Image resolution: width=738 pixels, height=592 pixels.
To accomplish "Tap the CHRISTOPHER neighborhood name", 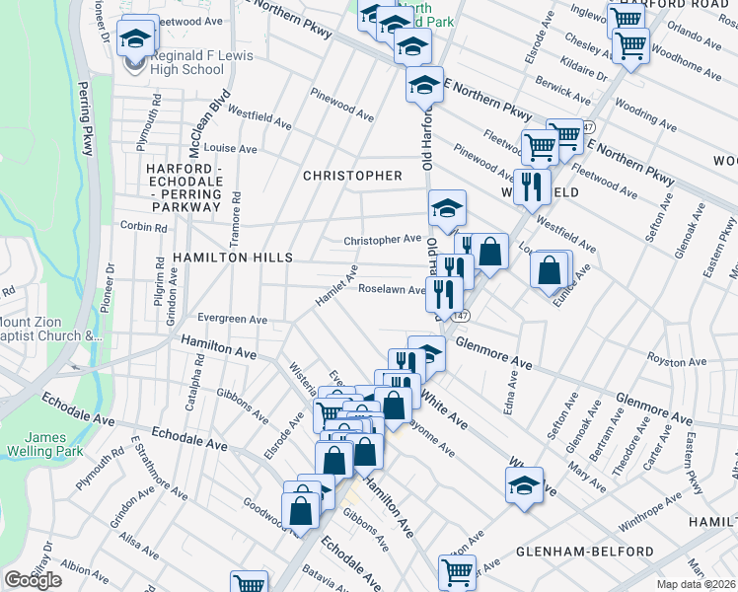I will (352, 176).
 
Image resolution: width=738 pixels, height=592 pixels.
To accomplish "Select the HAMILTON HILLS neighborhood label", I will (232, 257).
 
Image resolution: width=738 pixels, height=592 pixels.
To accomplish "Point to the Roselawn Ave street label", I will (391, 290).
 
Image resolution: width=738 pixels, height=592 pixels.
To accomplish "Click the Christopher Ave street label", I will (382, 240).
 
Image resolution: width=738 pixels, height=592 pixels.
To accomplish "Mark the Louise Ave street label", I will (229, 149).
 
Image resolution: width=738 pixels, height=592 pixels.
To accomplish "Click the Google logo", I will (33, 580).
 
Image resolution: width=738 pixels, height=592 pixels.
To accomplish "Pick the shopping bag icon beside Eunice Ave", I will (550, 269).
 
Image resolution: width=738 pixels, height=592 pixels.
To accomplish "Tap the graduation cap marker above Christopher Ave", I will (446, 207).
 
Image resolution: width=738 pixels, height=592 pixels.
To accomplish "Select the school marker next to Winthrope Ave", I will (524, 484).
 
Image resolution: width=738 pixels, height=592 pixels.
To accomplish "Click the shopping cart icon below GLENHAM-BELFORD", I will (456, 571).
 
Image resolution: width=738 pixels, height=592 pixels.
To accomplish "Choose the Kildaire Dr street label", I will (584, 72).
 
